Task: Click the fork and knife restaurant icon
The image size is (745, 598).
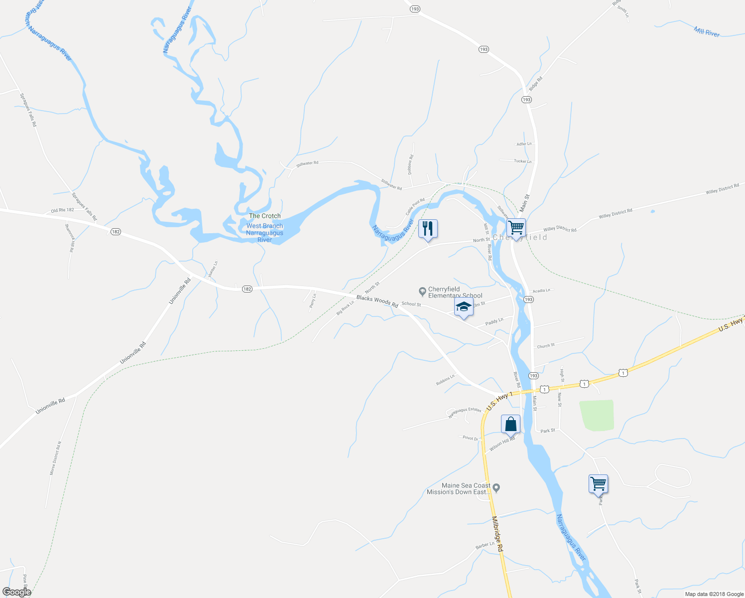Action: tap(428, 229)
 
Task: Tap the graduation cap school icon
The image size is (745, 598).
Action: tap(464, 307)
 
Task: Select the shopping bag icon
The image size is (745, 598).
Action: tap(510, 424)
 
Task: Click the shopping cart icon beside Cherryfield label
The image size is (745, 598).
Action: tap(516, 228)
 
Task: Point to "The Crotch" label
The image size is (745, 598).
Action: tap(264, 216)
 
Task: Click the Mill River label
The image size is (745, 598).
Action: tap(707, 32)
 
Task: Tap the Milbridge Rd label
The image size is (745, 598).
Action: tap(498, 533)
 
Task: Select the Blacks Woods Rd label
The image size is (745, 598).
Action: tap(377, 301)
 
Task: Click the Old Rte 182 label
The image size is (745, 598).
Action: tap(62, 210)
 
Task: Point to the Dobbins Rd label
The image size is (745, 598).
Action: tap(410, 164)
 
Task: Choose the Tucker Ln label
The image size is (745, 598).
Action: tap(523, 161)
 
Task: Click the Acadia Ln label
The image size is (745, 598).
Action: tap(541, 291)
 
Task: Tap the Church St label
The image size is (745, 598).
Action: tap(546, 346)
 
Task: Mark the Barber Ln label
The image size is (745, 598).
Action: tap(485, 545)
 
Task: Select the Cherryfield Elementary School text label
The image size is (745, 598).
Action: tap(455, 292)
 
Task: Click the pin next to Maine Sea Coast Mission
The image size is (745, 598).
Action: tap(496, 488)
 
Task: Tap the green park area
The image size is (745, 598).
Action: tap(597, 415)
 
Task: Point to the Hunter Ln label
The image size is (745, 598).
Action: tap(213, 270)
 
